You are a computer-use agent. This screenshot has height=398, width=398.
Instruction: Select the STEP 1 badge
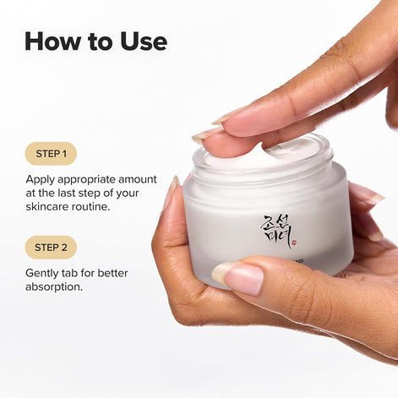tap(51, 154)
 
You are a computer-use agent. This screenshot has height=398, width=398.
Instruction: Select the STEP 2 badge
tap(51, 248)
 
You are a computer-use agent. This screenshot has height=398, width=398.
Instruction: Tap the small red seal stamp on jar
tap(293, 245)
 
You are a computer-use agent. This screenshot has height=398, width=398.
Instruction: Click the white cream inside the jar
tap(280, 153)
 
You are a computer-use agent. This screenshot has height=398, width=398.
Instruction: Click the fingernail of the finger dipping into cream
tap(207, 134)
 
